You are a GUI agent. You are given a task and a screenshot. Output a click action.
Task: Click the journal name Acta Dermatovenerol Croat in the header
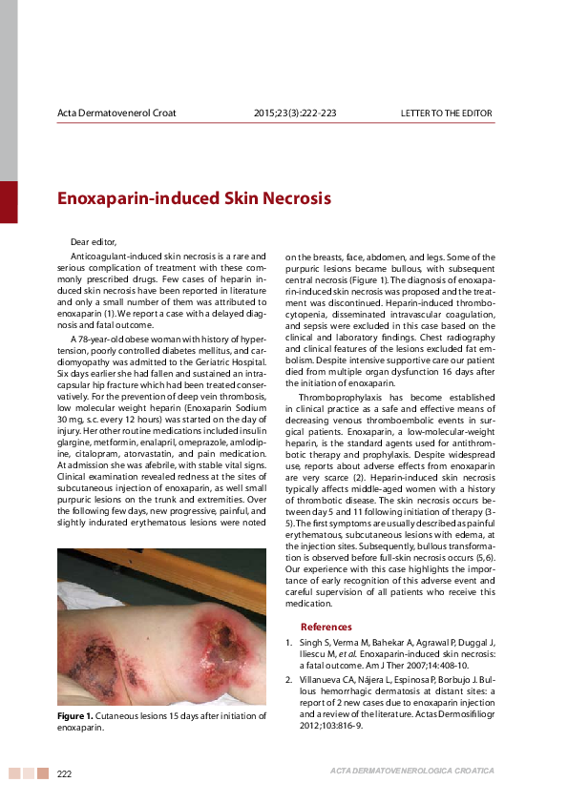pos(116,113)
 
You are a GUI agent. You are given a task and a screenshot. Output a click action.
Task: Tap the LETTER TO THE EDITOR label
pos(446,113)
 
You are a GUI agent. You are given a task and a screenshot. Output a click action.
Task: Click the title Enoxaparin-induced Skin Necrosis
pos(194,199)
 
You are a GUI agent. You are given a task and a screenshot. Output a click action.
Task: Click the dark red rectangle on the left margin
pos(9,201)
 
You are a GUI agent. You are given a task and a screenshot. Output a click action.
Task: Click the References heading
pos(326,627)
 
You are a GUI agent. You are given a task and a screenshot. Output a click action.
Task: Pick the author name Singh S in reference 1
pos(314,644)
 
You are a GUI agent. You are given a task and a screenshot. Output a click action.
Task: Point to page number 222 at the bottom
pos(65,772)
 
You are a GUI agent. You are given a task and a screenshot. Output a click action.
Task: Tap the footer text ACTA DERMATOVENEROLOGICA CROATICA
pos(411,770)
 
